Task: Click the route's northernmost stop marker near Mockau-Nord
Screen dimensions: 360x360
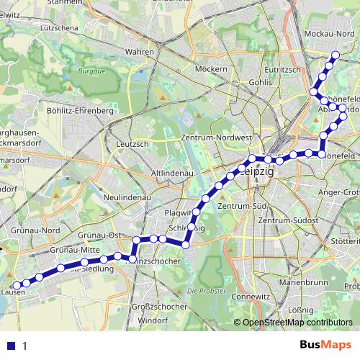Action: pos(336,55)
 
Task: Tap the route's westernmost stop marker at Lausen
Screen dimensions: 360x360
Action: pos(17,284)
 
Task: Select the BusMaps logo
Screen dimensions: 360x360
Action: pos(325,346)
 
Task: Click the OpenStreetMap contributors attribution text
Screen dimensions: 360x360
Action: pos(297,323)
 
